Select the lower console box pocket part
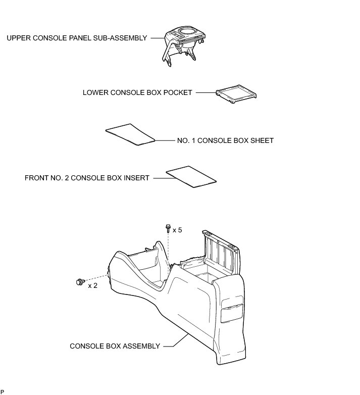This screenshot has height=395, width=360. click(x=236, y=95)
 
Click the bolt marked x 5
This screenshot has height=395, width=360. click(x=167, y=228)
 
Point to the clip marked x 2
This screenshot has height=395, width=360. click(x=79, y=281)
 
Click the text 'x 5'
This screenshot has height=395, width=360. click(x=177, y=230)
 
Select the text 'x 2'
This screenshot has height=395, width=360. click(x=93, y=286)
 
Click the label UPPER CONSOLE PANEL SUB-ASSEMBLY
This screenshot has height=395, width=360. click(x=77, y=38)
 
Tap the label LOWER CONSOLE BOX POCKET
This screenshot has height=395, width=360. click(x=137, y=93)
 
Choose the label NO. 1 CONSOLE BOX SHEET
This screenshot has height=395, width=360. click(x=225, y=140)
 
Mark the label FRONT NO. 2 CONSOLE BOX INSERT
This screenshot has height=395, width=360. click(x=87, y=178)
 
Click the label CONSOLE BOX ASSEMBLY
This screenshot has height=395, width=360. click(x=115, y=346)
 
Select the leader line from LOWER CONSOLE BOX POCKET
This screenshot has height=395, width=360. click(x=205, y=93)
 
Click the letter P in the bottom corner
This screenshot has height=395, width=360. click(x=3, y=391)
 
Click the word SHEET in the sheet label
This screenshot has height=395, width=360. click(x=263, y=140)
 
